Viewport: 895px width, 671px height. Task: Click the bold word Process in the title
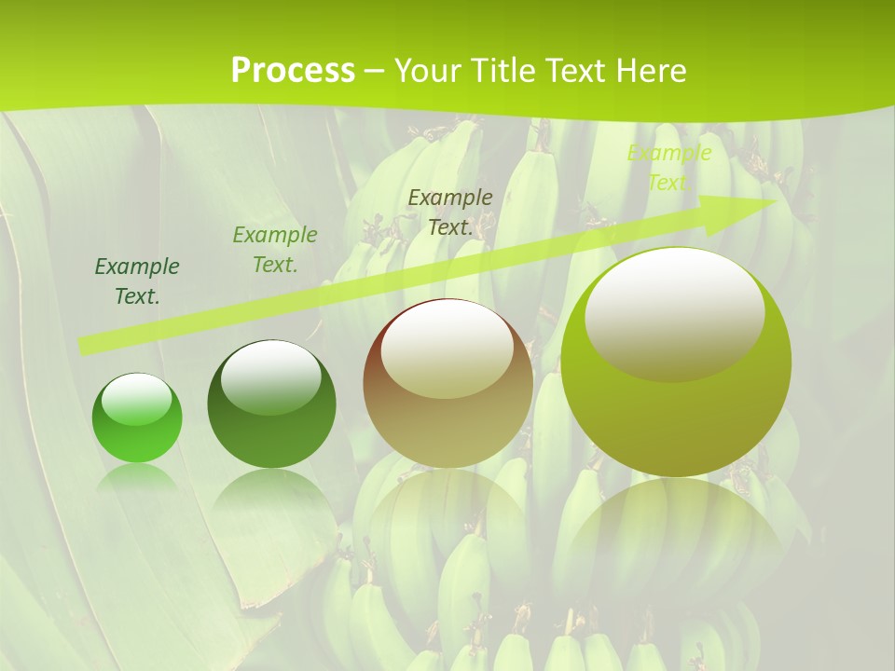pyautogui.click(x=293, y=71)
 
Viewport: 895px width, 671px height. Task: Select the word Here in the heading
pyautogui.click(x=650, y=71)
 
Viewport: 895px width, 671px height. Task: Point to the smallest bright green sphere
pyautogui.click(x=137, y=418)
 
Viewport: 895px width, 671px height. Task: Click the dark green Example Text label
pyautogui.click(x=137, y=281)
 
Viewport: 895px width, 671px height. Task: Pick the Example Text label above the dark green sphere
pyautogui.click(x=275, y=250)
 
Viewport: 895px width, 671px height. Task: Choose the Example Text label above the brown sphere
pyautogui.click(x=450, y=212)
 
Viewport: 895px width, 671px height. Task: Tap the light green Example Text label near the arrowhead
pyautogui.click(x=668, y=168)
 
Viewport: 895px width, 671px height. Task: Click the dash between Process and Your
pyautogui.click(x=374, y=71)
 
